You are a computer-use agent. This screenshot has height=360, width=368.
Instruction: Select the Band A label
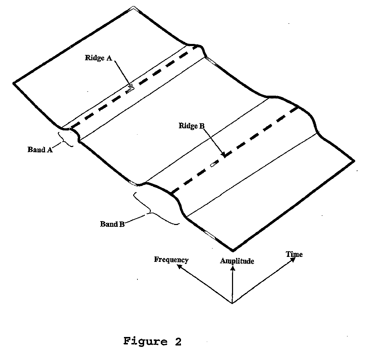(x=40, y=150)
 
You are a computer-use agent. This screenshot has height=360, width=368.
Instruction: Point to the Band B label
(x=112, y=224)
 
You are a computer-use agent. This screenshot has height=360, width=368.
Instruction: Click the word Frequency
(x=171, y=260)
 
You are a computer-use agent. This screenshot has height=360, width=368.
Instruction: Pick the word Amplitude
(x=237, y=261)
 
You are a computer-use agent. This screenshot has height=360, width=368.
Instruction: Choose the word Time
(x=294, y=254)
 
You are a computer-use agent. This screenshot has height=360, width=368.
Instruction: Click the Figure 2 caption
(x=152, y=342)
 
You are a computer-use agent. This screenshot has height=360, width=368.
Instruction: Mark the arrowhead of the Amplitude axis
(x=232, y=268)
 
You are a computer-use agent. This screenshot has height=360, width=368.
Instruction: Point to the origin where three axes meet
(x=232, y=303)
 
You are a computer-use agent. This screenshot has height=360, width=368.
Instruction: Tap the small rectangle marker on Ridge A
(x=130, y=90)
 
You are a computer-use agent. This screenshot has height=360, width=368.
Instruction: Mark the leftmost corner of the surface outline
(x=14, y=83)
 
